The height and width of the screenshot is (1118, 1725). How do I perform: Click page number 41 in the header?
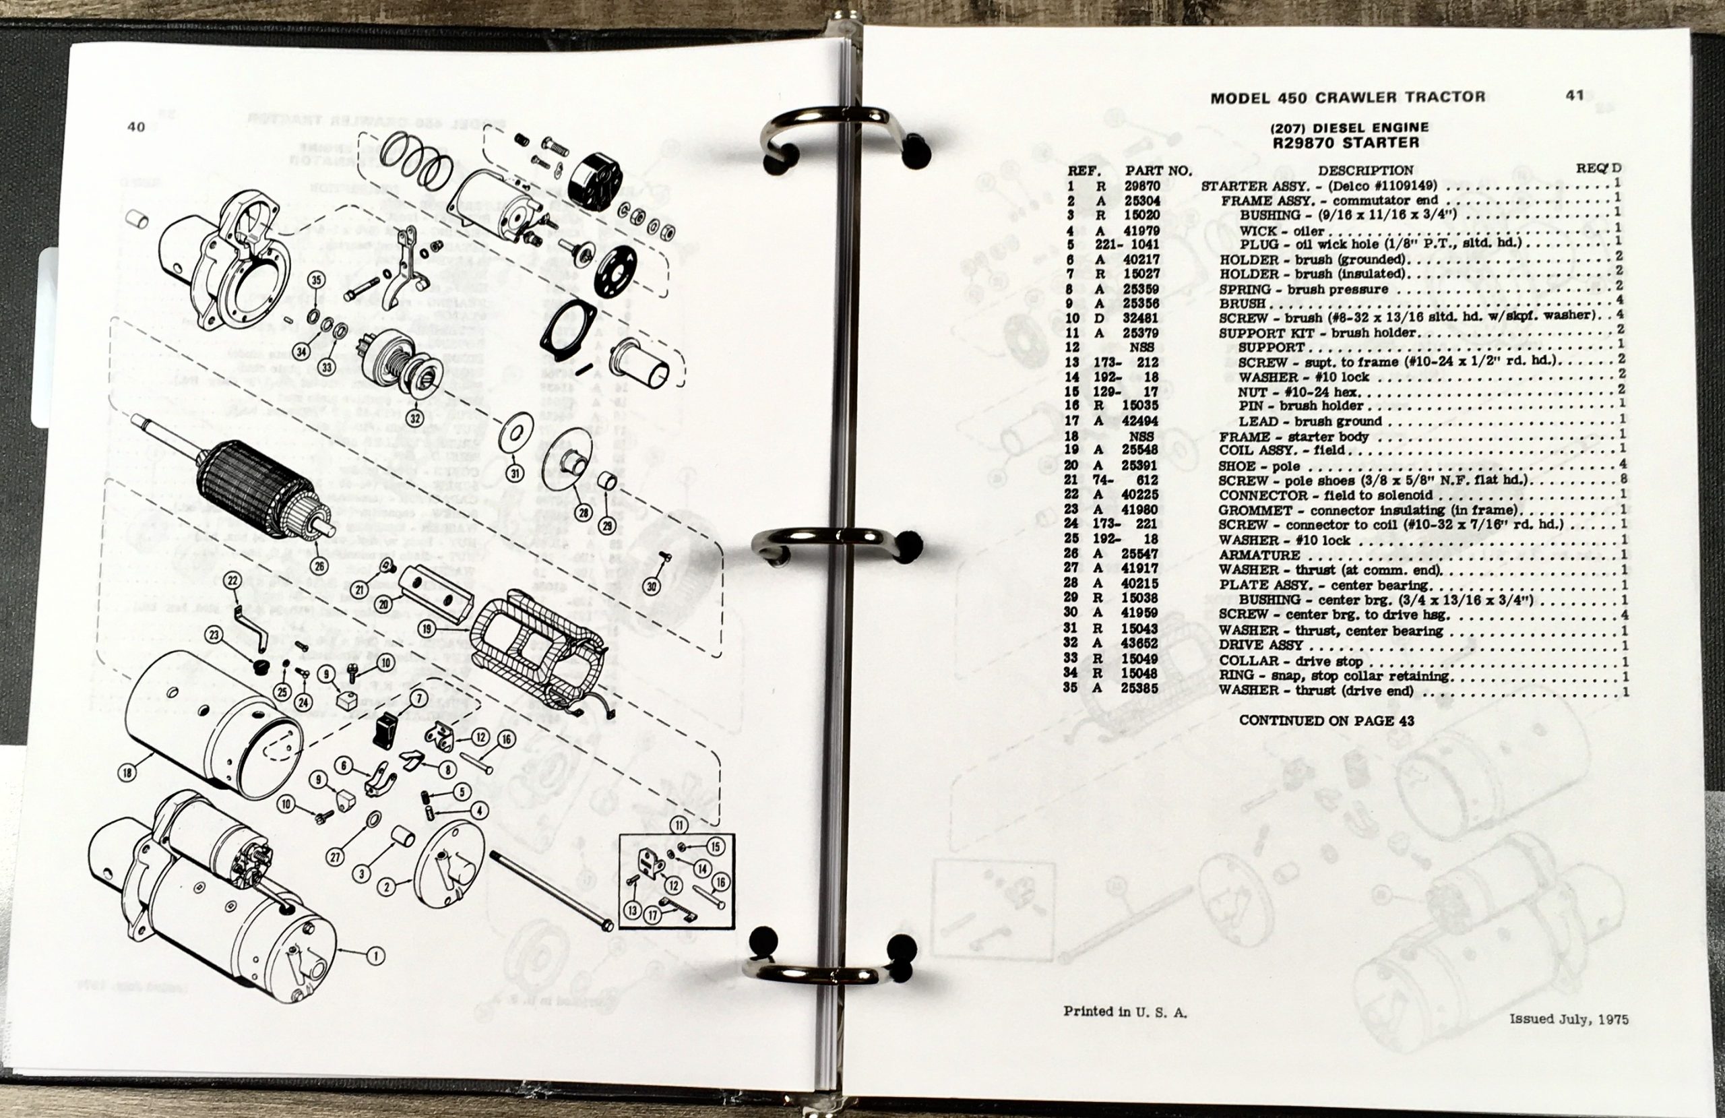coord(1574,95)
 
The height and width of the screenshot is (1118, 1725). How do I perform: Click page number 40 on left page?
coord(136,127)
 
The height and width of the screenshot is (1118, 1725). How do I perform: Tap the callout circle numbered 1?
coord(375,956)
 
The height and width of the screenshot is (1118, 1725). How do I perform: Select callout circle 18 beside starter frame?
coord(128,773)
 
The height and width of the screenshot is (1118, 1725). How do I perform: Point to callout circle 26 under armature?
coord(319,565)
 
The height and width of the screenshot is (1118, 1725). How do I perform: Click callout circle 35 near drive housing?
coord(316,280)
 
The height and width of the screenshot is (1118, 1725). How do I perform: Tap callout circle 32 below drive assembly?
coord(414,418)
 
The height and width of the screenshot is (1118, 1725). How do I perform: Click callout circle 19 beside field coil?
coord(427,629)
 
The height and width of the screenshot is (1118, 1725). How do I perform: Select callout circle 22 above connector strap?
coord(232,580)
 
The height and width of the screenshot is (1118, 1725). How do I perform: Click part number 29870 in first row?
coord(1142,185)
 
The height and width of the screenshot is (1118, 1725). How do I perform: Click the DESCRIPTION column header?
coord(1365,170)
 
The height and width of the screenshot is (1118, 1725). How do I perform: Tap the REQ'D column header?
coord(1599,168)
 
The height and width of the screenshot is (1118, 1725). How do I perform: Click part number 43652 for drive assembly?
coord(1139,643)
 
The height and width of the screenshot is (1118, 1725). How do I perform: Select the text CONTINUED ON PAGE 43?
coord(1326,720)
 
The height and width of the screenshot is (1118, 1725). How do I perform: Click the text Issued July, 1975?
coord(1569,1019)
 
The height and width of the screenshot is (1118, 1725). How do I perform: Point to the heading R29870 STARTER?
coord(1345,143)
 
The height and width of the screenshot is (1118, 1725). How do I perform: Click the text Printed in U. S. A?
coord(1125,1012)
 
